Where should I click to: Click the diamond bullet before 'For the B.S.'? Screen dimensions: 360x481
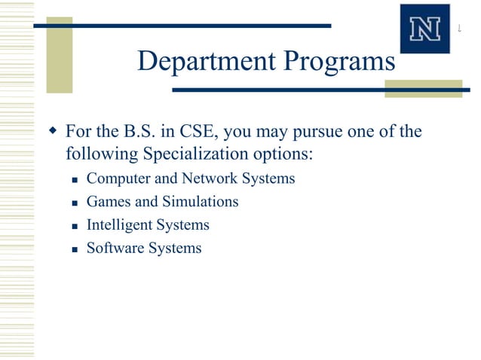52,133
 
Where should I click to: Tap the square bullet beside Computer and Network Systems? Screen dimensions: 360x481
75,180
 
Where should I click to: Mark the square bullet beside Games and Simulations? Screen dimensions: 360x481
75,203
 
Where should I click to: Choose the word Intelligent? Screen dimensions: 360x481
119,225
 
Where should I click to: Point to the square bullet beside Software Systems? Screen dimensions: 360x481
75,249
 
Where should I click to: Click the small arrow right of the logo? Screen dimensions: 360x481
459,29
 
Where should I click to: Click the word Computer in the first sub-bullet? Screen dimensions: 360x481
117,179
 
